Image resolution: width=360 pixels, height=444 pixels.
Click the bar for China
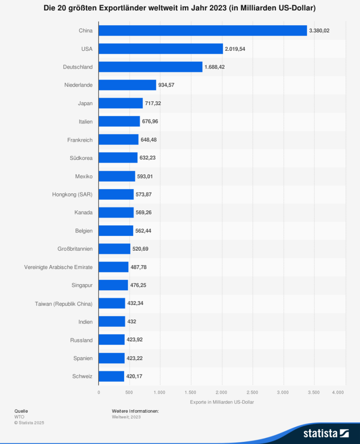click(x=203, y=30)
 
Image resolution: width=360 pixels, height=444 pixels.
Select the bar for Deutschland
click(x=151, y=67)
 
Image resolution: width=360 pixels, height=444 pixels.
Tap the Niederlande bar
click(x=127, y=85)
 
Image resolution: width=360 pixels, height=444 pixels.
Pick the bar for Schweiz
click(x=112, y=376)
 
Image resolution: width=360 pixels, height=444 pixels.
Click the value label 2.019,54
click(x=235, y=49)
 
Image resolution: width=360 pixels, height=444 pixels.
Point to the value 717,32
click(x=153, y=103)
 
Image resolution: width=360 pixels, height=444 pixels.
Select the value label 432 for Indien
click(x=132, y=321)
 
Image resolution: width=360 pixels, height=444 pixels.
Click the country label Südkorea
click(x=81, y=158)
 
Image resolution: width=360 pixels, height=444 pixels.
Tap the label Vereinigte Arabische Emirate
click(x=58, y=267)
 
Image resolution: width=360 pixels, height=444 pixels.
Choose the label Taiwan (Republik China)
click(x=64, y=304)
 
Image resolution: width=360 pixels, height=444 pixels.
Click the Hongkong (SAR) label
click(x=72, y=195)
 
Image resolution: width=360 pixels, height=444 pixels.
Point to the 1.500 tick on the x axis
click(x=191, y=392)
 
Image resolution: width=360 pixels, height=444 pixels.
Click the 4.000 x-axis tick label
click(x=338, y=392)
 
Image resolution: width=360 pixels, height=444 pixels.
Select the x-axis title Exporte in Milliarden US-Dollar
click(x=222, y=402)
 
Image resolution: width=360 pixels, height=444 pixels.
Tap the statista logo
click(x=326, y=434)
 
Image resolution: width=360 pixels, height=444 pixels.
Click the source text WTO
click(x=19, y=417)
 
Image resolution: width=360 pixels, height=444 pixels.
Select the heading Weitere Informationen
click(x=135, y=411)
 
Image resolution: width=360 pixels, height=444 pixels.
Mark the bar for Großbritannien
click(x=115, y=249)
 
